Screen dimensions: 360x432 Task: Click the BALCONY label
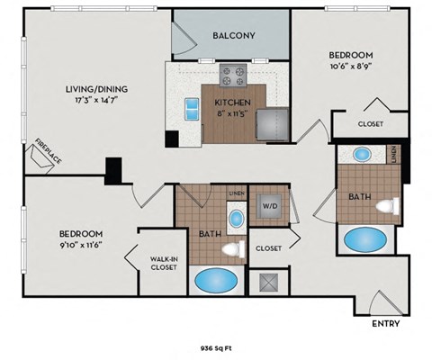coord(233,35)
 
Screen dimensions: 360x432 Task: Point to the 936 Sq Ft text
coord(216,346)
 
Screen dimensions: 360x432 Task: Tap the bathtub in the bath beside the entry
coord(364,240)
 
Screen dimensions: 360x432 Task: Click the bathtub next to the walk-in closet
coord(215,280)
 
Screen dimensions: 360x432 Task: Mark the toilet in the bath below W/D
coord(234,249)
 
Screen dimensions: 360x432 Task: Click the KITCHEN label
coord(231,103)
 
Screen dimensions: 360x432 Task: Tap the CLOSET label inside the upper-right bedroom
coord(370,123)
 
